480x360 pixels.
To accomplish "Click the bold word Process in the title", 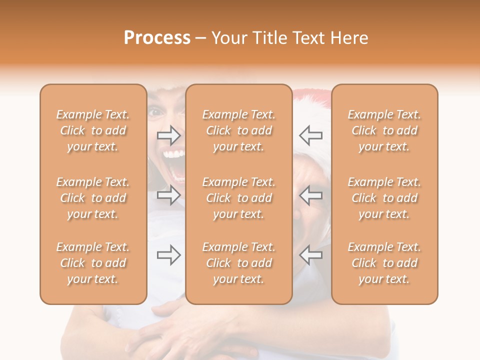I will pyautogui.click(x=157, y=38).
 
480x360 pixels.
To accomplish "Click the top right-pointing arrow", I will pyautogui.click(x=169, y=134).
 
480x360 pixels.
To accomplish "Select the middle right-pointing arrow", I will pyautogui.click(x=169, y=195).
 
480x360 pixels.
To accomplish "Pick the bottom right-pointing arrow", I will pyautogui.click(x=169, y=255).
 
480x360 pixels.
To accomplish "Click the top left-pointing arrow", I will pyautogui.click(x=310, y=134).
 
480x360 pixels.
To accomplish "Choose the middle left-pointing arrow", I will pyautogui.click(x=310, y=195).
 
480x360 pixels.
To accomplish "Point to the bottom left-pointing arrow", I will pyautogui.click(x=310, y=255).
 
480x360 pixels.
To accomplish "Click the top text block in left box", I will pyautogui.click(x=93, y=130).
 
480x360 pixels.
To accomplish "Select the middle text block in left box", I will pyautogui.click(x=93, y=198).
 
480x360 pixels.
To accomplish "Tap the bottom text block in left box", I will pyautogui.click(x=93, y=263).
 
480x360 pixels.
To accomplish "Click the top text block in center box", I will pyautogui.click(x=238, y=130).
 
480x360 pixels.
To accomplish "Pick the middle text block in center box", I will pyautogui.click(x=238, y=198).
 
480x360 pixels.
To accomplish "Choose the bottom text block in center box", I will pyautogui.click(x=238, y=263).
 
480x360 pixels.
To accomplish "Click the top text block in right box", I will pyautogui.click(x=384, y=130).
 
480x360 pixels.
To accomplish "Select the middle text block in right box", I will pyautogui.click(x=384, y=198).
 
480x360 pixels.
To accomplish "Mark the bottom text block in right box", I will pyautogui.click(x=384, y=263).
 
